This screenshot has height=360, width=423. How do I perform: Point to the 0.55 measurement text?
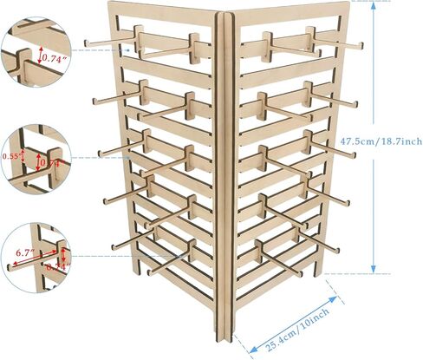pyautogui.click(x=11, y=156)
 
